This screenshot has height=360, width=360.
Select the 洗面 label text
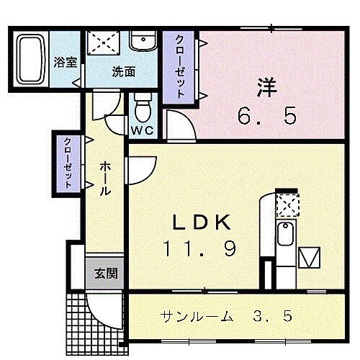[x=123, y=71]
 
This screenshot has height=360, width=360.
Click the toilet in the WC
[x=142, y=110]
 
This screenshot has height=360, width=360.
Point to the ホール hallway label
[x=105, y=180]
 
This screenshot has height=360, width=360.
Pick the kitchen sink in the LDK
[x=285, y=234]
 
